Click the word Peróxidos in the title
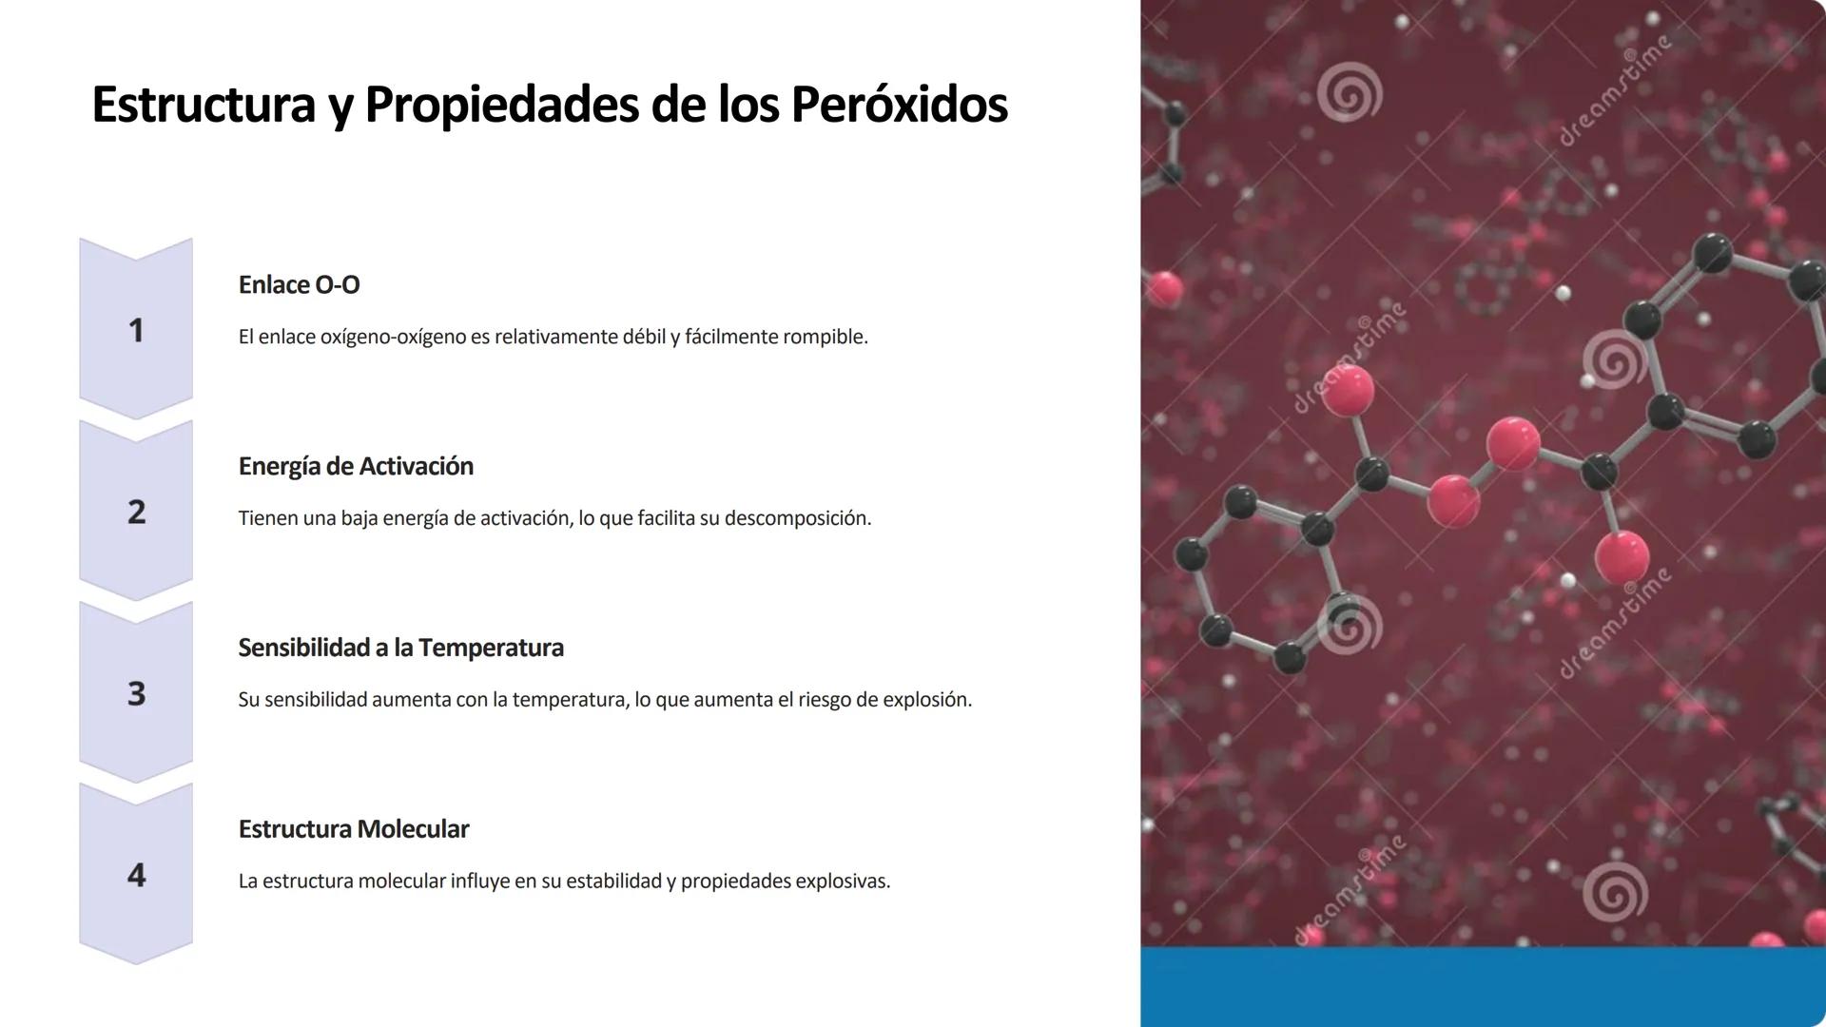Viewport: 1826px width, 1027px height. click(899, 105)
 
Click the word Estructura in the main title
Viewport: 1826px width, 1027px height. click(203, 105)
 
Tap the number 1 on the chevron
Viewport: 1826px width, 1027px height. click(136, 330)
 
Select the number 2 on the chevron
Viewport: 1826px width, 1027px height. click(136, 512)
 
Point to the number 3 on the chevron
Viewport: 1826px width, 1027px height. click(136, 693)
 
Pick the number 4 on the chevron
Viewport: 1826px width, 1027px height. click(136, 875)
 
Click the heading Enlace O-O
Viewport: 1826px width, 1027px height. click(299, 284)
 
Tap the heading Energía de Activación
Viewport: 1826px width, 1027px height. click(356, 466)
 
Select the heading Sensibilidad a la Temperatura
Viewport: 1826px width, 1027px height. click(400, 648)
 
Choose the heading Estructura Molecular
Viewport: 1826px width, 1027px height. click(353, 829)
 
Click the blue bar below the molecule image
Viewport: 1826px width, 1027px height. click(1483, 986)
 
